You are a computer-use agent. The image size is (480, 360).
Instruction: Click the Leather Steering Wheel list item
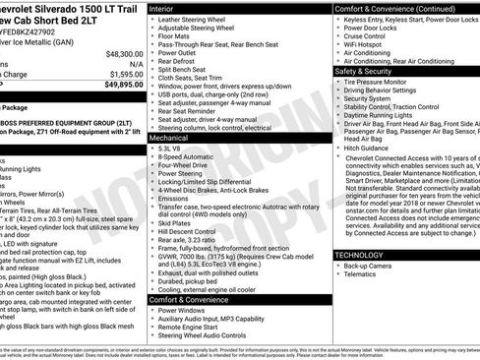pos(195,21)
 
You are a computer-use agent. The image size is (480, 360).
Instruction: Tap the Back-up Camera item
pos(371,267)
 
